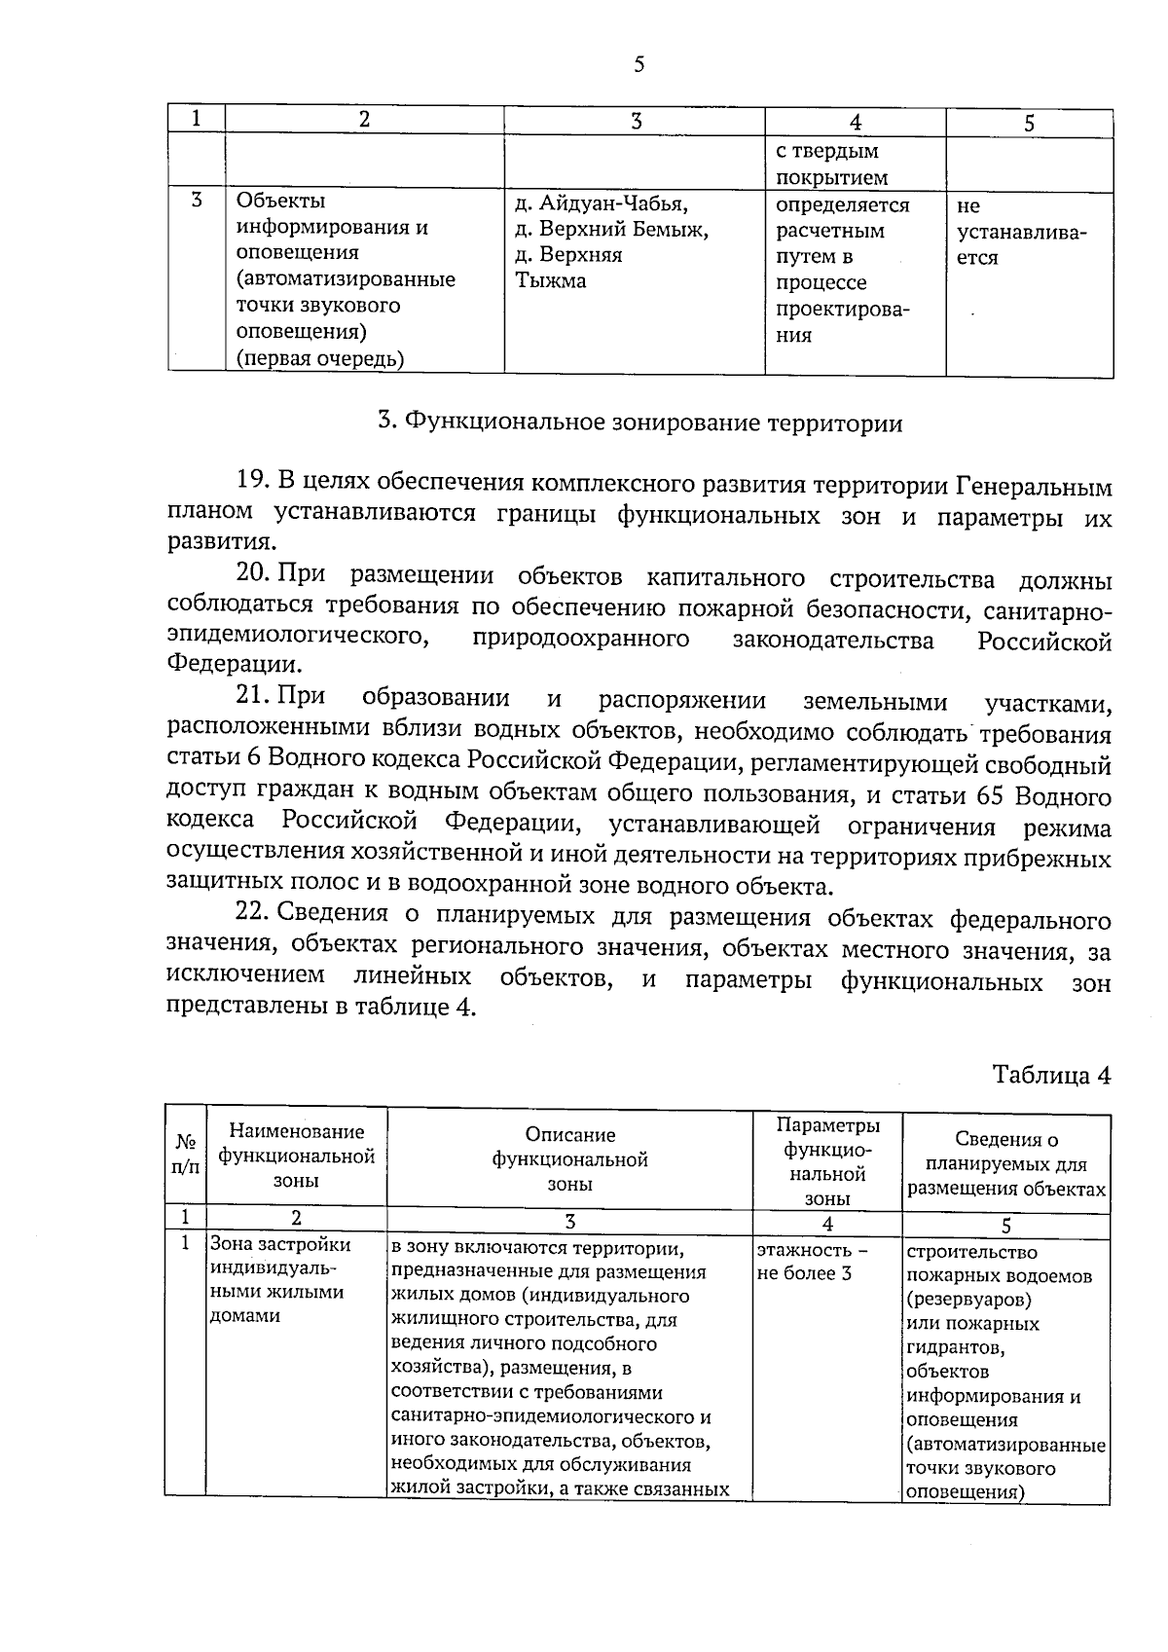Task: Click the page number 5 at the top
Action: [639, 65]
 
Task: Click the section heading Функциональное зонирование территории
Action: [639, 423]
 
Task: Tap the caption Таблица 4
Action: [1050, 1075]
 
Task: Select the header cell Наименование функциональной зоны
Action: [296, 1156]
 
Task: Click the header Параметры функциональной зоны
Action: [827, 1161]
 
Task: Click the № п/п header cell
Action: [185, 1156]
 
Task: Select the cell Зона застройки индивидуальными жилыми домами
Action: [279, 1280]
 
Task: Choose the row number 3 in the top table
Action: [196, 202]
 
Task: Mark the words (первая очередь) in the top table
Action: [320, 358]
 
